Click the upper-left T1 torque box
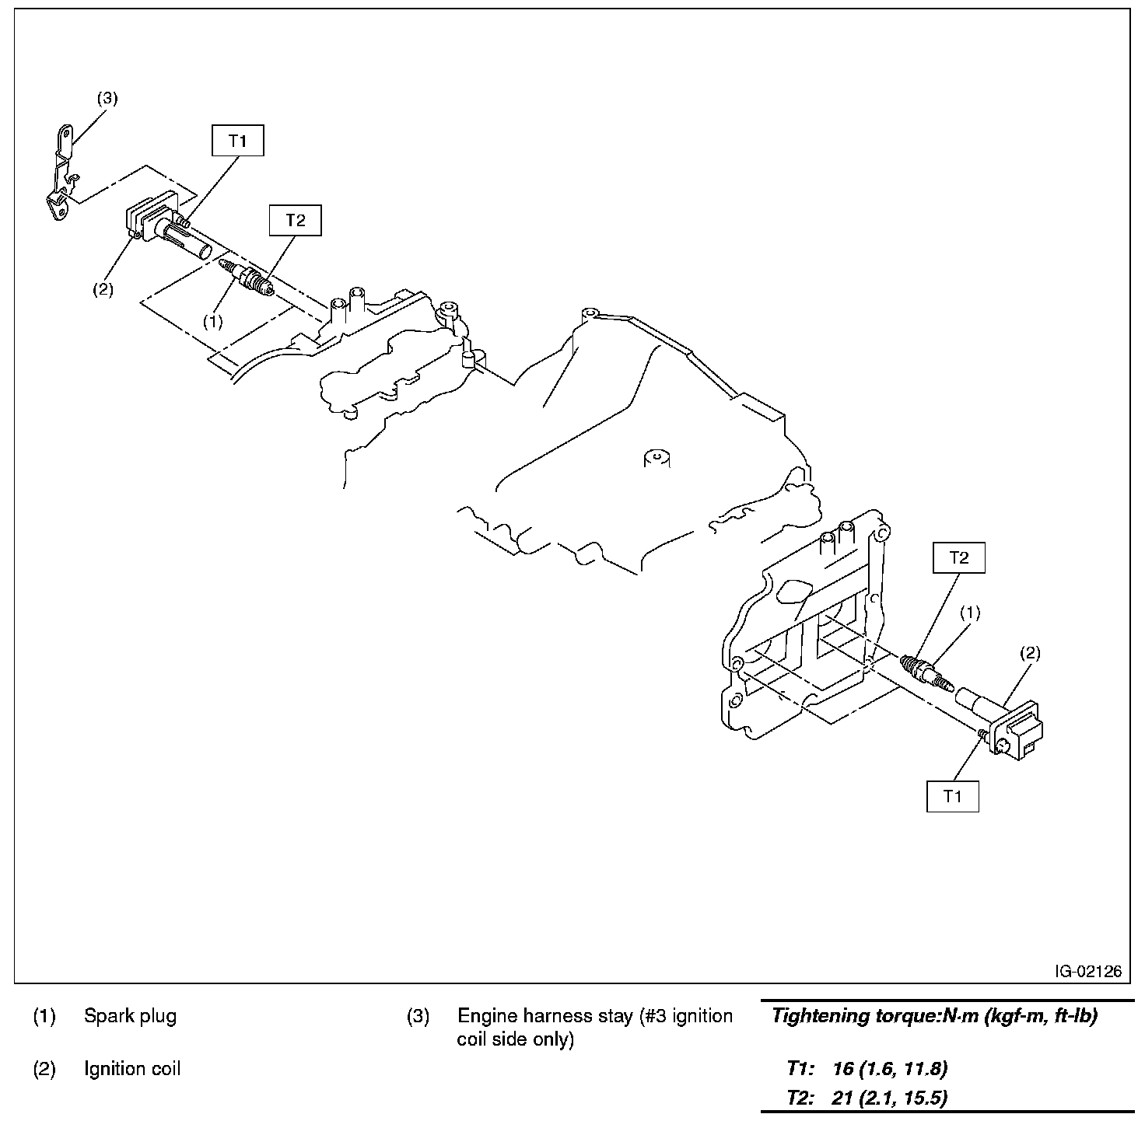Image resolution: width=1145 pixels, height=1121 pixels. pyautogui.click(x=238, y=141)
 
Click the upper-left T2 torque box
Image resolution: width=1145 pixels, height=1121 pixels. pyautogui.click(x=295, y=220)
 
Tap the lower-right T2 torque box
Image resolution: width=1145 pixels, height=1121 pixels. pyautogui.click(x=959, y=557)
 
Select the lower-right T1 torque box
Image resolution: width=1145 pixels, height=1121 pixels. pyautogui.click(x=952, y=796)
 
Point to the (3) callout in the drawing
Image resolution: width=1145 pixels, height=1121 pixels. pyautogui.click(x=107, y=99)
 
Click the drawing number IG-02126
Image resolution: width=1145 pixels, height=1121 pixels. pyautogui.click(x=1088, y=971)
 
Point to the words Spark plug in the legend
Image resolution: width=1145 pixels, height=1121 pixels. pyautogui.click(x=130, y=1016)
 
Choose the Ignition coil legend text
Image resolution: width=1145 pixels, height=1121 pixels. pyautogui.click(x=132, y=1069)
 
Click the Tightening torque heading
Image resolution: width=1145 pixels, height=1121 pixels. pyautogui.click(x=933, y=1016)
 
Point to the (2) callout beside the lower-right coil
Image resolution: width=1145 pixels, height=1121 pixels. pyautogui.click(x=1029, y=653)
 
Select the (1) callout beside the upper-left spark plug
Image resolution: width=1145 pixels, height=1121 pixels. pyautogui.click(x=212, y=322)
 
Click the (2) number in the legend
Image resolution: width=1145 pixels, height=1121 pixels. pyautogui.click(x=44, y=1069)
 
